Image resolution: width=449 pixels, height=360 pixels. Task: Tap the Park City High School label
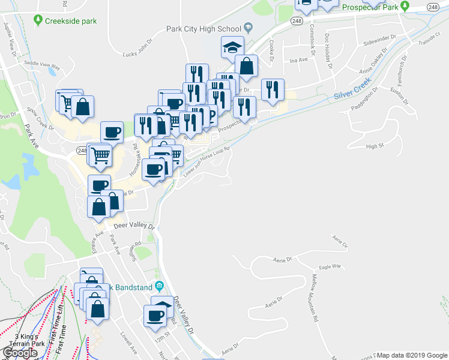point(203,28)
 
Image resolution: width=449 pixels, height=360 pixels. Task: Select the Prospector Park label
point(370,8)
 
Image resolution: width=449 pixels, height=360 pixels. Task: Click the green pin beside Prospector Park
point(405,7)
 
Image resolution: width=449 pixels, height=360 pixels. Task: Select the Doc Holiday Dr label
point(328,48)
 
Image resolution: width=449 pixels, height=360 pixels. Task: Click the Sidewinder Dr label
point(379,45)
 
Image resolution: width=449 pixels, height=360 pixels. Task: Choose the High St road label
point(374,146)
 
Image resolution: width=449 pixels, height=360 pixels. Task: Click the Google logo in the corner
point(19,353)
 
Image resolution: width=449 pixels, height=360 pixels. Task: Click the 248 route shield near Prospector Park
point(433,6)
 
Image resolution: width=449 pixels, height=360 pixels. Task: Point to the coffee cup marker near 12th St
point(155,314)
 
